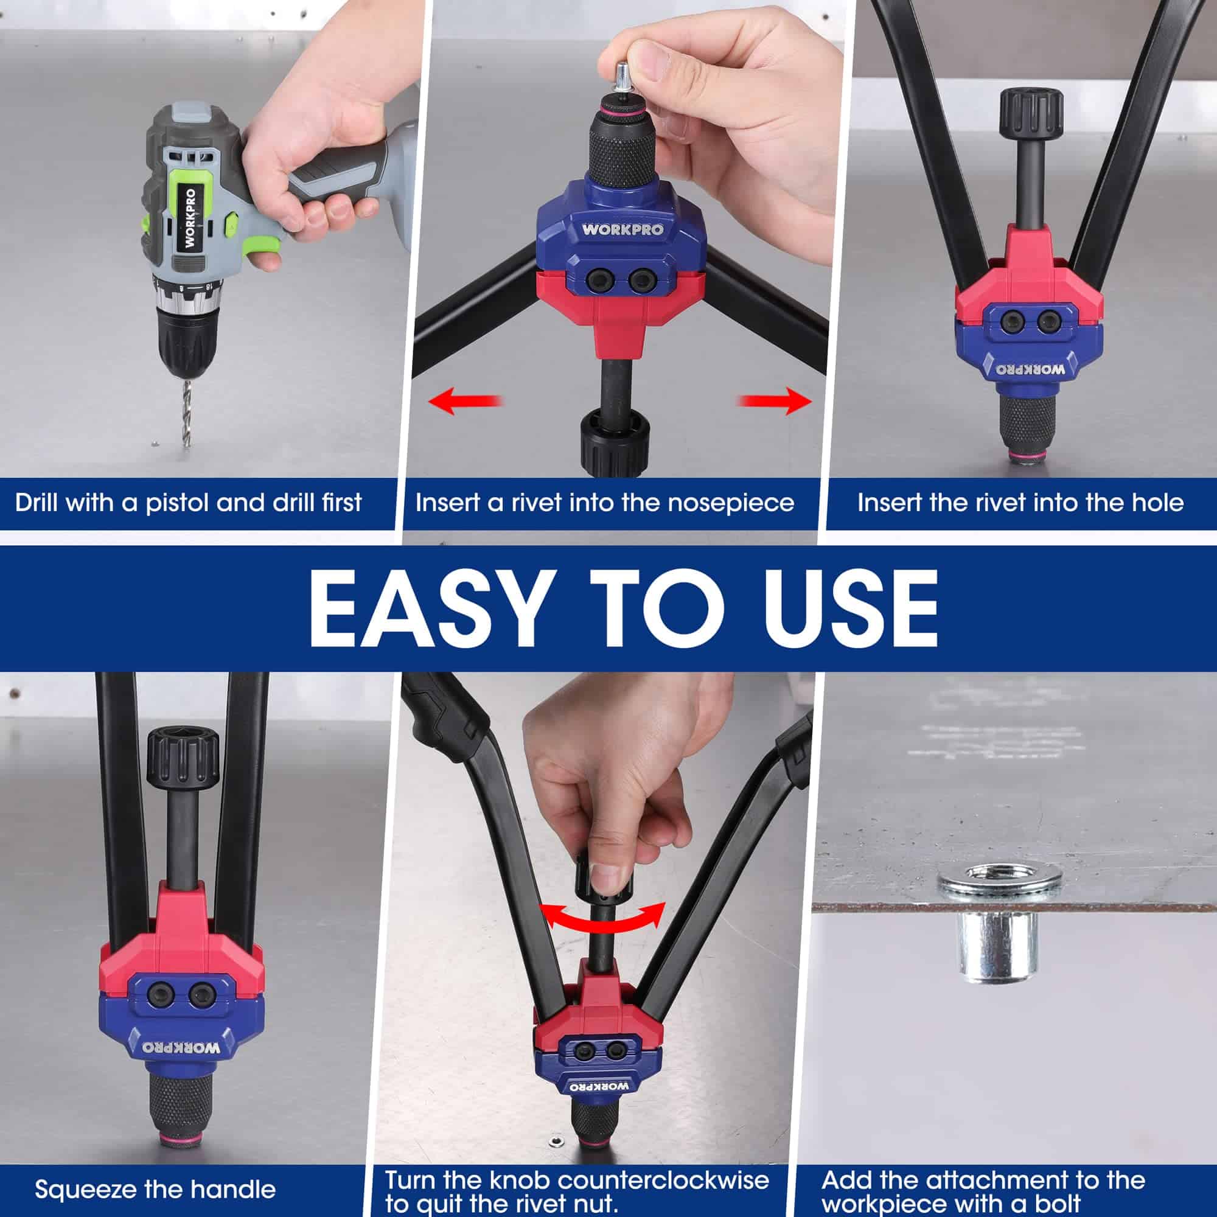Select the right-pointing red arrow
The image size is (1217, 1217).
[775, 401]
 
